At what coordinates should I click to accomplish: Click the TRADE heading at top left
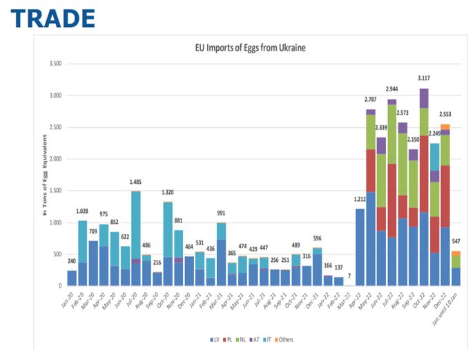52,18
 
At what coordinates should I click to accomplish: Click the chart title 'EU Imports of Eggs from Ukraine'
250,48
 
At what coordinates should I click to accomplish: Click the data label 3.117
424,78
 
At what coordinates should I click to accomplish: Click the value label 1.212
359,200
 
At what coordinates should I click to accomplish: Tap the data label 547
456,242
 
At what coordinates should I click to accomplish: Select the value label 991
222,214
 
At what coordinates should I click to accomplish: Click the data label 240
71,262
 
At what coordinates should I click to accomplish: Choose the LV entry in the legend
215,340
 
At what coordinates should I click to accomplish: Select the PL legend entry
229,340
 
